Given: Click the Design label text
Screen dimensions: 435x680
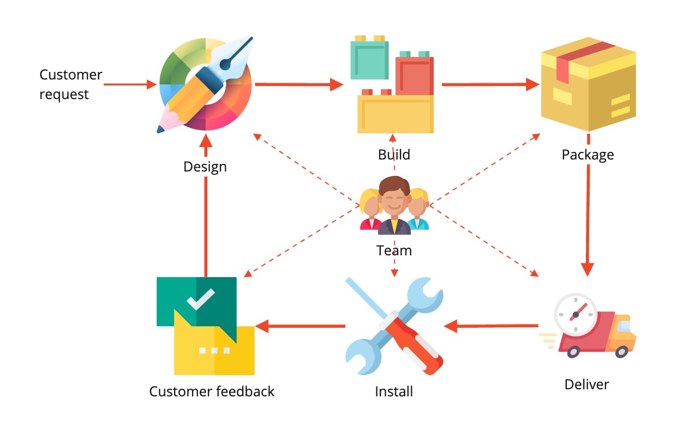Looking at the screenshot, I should pyautogui.click(x=205, y=167).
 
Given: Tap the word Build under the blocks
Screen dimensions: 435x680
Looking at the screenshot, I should pyautogui.click(x=394, y=155).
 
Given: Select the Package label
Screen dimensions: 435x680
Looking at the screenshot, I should pyautogui.click(x=588, y=155).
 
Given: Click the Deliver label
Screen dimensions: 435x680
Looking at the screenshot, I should pyautogui.click(x=586, y=384).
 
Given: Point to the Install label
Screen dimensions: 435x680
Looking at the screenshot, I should pyautogui.click(x=394, y=391).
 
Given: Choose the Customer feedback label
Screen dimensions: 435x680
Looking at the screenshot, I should pyautogui.click(x=212, y=391).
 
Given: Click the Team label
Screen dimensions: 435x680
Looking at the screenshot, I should pyautogui.click(x=394, y=250).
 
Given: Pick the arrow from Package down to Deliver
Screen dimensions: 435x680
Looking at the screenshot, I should pyautogui.click(x=588, y=218).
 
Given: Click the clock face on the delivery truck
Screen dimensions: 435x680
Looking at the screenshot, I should pyautogui.click(x=575, y=314).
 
